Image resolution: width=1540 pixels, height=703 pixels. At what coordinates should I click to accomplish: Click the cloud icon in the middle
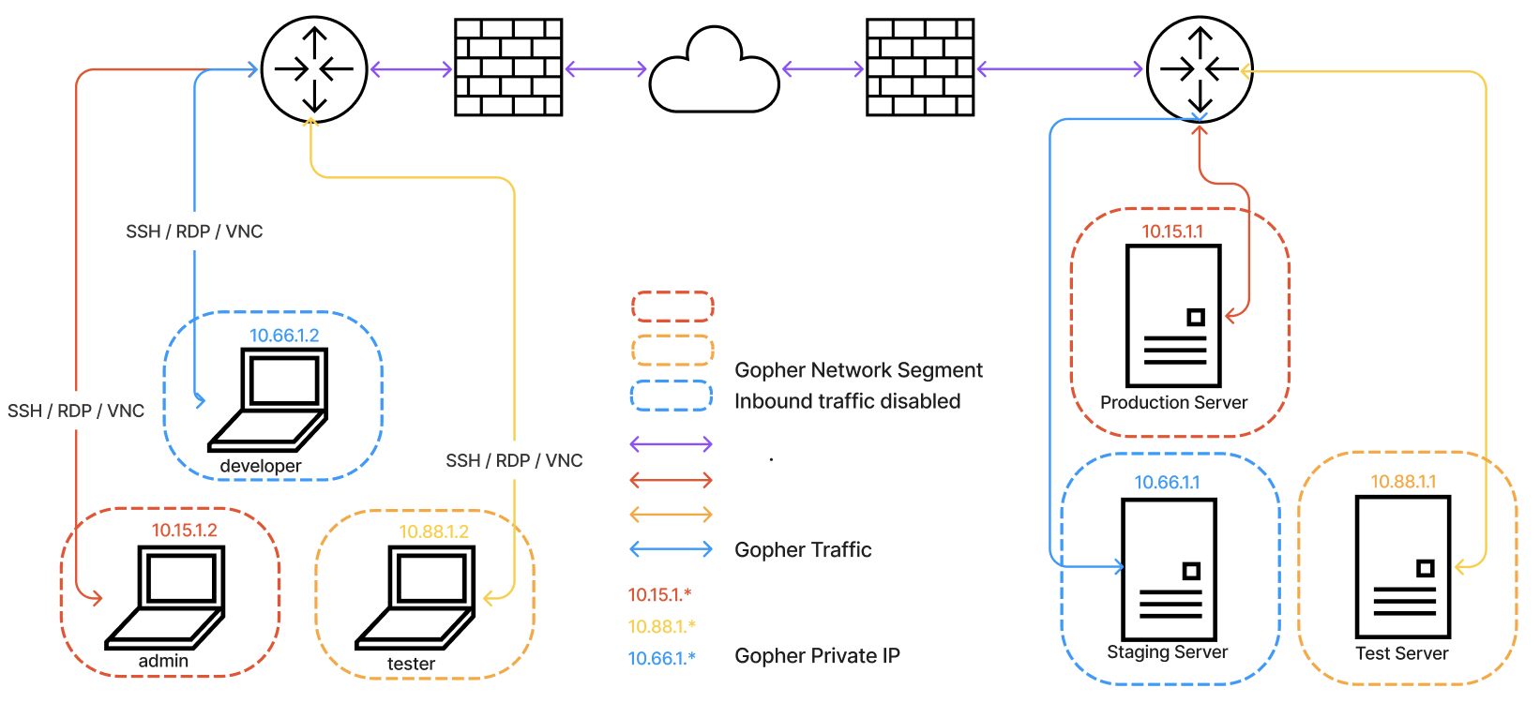click(714, 74)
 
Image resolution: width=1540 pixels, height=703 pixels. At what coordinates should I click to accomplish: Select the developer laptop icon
click(270, 398)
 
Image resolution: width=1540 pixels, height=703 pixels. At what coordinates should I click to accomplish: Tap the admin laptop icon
click(166, 596)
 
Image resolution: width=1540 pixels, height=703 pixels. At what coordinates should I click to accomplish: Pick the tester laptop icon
click(416, 596)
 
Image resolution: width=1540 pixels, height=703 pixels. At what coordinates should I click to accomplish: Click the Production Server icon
click(1173, 316)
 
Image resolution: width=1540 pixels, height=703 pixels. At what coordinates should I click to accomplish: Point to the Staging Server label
click(1167, 652)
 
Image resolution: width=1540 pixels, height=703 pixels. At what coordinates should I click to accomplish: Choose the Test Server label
click(1401, 654)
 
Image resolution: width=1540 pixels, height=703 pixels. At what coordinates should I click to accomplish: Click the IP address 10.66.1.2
click(284, 336)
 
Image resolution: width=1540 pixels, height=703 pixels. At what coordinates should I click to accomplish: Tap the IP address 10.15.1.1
click(1171, 232)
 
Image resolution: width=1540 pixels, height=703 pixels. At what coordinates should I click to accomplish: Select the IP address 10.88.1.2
click(433, 532)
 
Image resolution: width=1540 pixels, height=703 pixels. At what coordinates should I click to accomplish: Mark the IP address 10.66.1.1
click(1167, 483)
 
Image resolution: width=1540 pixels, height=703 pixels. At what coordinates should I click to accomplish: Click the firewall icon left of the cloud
click(508, 67)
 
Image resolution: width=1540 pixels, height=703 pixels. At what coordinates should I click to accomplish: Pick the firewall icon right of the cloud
click(920, 67)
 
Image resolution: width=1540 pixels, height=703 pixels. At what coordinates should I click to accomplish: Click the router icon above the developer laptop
click(314, 68)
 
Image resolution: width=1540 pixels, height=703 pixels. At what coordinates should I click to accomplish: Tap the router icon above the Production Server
click(1200, 68)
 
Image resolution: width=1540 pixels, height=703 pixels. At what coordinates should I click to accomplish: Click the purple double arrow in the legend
click(671, 444)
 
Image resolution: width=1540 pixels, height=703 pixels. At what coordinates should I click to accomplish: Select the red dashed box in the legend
click(672, 307)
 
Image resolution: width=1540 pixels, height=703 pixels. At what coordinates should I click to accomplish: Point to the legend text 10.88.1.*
click(662, 626)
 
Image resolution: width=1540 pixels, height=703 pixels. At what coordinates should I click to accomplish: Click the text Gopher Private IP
click(817, 656)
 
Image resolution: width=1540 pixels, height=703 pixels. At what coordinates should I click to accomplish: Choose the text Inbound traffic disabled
click(847, 401)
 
